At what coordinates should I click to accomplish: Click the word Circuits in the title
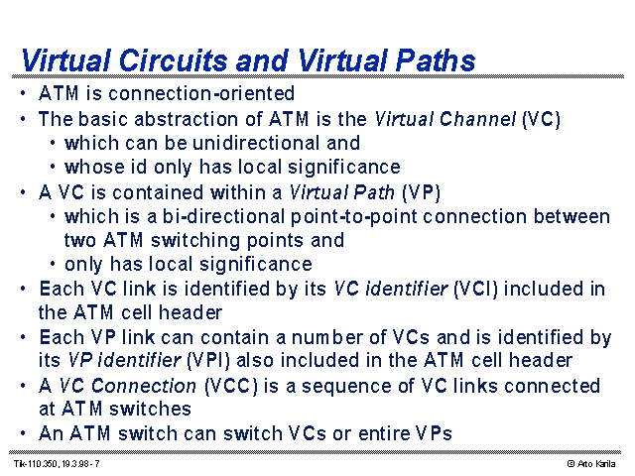click(x=174, y=60)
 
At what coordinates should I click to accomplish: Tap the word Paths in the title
click(x=435, y=60)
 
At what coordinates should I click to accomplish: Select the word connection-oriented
click(x=201, y=93)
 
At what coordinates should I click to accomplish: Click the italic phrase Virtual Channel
click(x=445, y=119)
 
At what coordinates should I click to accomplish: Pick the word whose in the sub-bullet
click(x=94, y=168)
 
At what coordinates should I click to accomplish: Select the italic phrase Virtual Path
click(x=341, y=192)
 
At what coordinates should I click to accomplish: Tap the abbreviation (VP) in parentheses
click(x=421, y=192)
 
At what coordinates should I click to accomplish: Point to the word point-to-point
click(x=353, y=217)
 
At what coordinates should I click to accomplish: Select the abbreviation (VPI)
click(x=207, y=361)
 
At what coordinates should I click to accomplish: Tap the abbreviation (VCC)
click(x=231, y=386)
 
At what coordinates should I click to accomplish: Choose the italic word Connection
click(x=143, y=386)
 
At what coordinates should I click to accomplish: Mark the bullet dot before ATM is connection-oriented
click(x=23, y=94)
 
